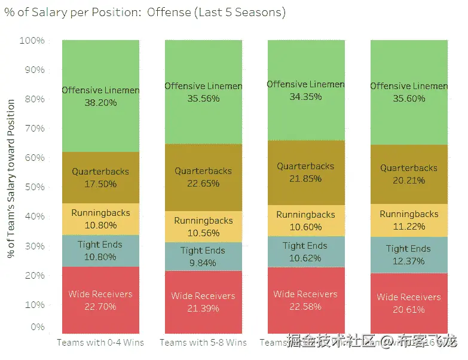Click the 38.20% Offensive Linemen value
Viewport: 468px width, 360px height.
100,103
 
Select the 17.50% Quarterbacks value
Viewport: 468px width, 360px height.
100,184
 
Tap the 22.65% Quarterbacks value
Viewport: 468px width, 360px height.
203,184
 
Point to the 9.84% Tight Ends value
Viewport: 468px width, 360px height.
203,263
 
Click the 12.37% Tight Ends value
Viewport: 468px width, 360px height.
409,261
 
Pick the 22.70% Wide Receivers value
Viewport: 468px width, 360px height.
100,307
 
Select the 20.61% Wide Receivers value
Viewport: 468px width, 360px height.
409,310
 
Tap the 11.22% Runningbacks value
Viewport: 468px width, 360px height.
409,227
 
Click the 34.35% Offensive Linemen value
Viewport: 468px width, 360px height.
305,97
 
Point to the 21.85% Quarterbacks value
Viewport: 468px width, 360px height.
305,179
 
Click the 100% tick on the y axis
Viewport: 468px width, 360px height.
32,41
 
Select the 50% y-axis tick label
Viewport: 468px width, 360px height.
34,187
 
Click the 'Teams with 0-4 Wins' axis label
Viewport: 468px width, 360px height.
100,343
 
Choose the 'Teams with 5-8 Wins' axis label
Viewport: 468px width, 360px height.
203,343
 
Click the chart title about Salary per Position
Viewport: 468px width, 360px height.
145,13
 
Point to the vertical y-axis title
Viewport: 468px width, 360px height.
11,179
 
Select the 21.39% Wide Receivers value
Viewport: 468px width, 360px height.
203,309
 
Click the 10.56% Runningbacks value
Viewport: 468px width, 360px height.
203,233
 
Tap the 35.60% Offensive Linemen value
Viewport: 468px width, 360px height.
409,99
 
